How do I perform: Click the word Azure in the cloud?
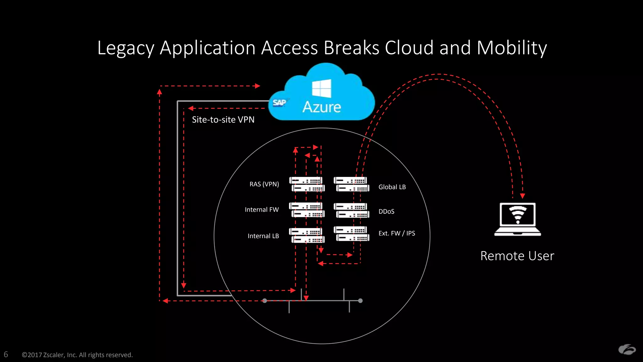[x=321, y=107]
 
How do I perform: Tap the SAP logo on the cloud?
[x=279, y=103]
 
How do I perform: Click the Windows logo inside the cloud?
[x=321, y=88]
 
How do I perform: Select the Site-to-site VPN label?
[x=223, y=120]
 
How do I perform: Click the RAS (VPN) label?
[x=264, y=184]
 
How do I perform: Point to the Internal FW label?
[x=262, y=210]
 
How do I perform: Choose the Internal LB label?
[x=263, y=236]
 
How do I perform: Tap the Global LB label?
[x=392, y=187]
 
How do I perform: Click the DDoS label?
[x=386, y=211]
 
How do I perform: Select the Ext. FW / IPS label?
[x=397, y=233]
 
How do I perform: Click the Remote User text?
[x=517, y=256]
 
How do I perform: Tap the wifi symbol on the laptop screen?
[x=517, y=215]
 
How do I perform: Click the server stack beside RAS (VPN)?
[x=307, y=184]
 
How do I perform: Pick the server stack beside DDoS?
[x=351, y=211]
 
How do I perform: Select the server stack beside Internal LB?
[x=307, y=236]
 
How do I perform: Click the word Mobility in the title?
[x=511, y=48]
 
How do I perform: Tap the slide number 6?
[x=6, y=354]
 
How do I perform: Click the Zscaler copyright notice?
[x=77, y=355]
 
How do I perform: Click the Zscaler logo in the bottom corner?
[x=627, y=350]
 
